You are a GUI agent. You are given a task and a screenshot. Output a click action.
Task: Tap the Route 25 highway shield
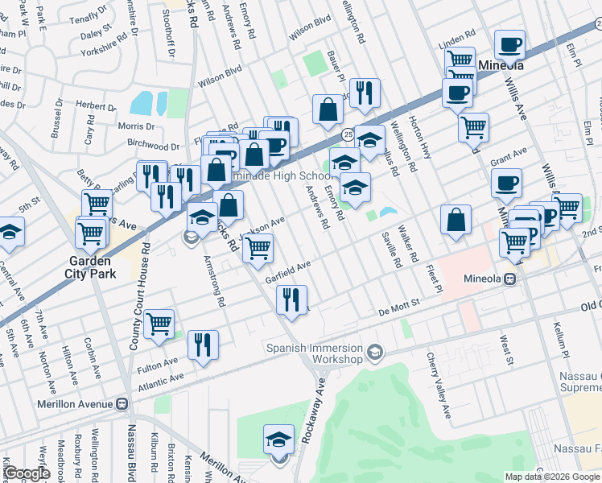point(347,133)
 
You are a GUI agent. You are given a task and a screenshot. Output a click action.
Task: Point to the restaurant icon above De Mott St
point(291,299)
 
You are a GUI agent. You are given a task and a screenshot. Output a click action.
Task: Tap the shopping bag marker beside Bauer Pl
point(328,110)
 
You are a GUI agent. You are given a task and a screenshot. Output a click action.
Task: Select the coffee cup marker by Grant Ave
point(507,183)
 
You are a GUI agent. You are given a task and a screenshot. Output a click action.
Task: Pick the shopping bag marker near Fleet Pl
point(456,220)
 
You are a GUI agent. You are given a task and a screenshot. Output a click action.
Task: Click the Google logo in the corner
point(26,473)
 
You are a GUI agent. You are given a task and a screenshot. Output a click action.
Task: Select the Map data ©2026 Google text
point(552,476)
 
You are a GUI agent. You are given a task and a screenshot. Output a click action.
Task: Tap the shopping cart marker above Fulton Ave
point(159,324)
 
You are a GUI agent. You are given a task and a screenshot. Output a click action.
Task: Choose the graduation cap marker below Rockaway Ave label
point(278,440)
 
